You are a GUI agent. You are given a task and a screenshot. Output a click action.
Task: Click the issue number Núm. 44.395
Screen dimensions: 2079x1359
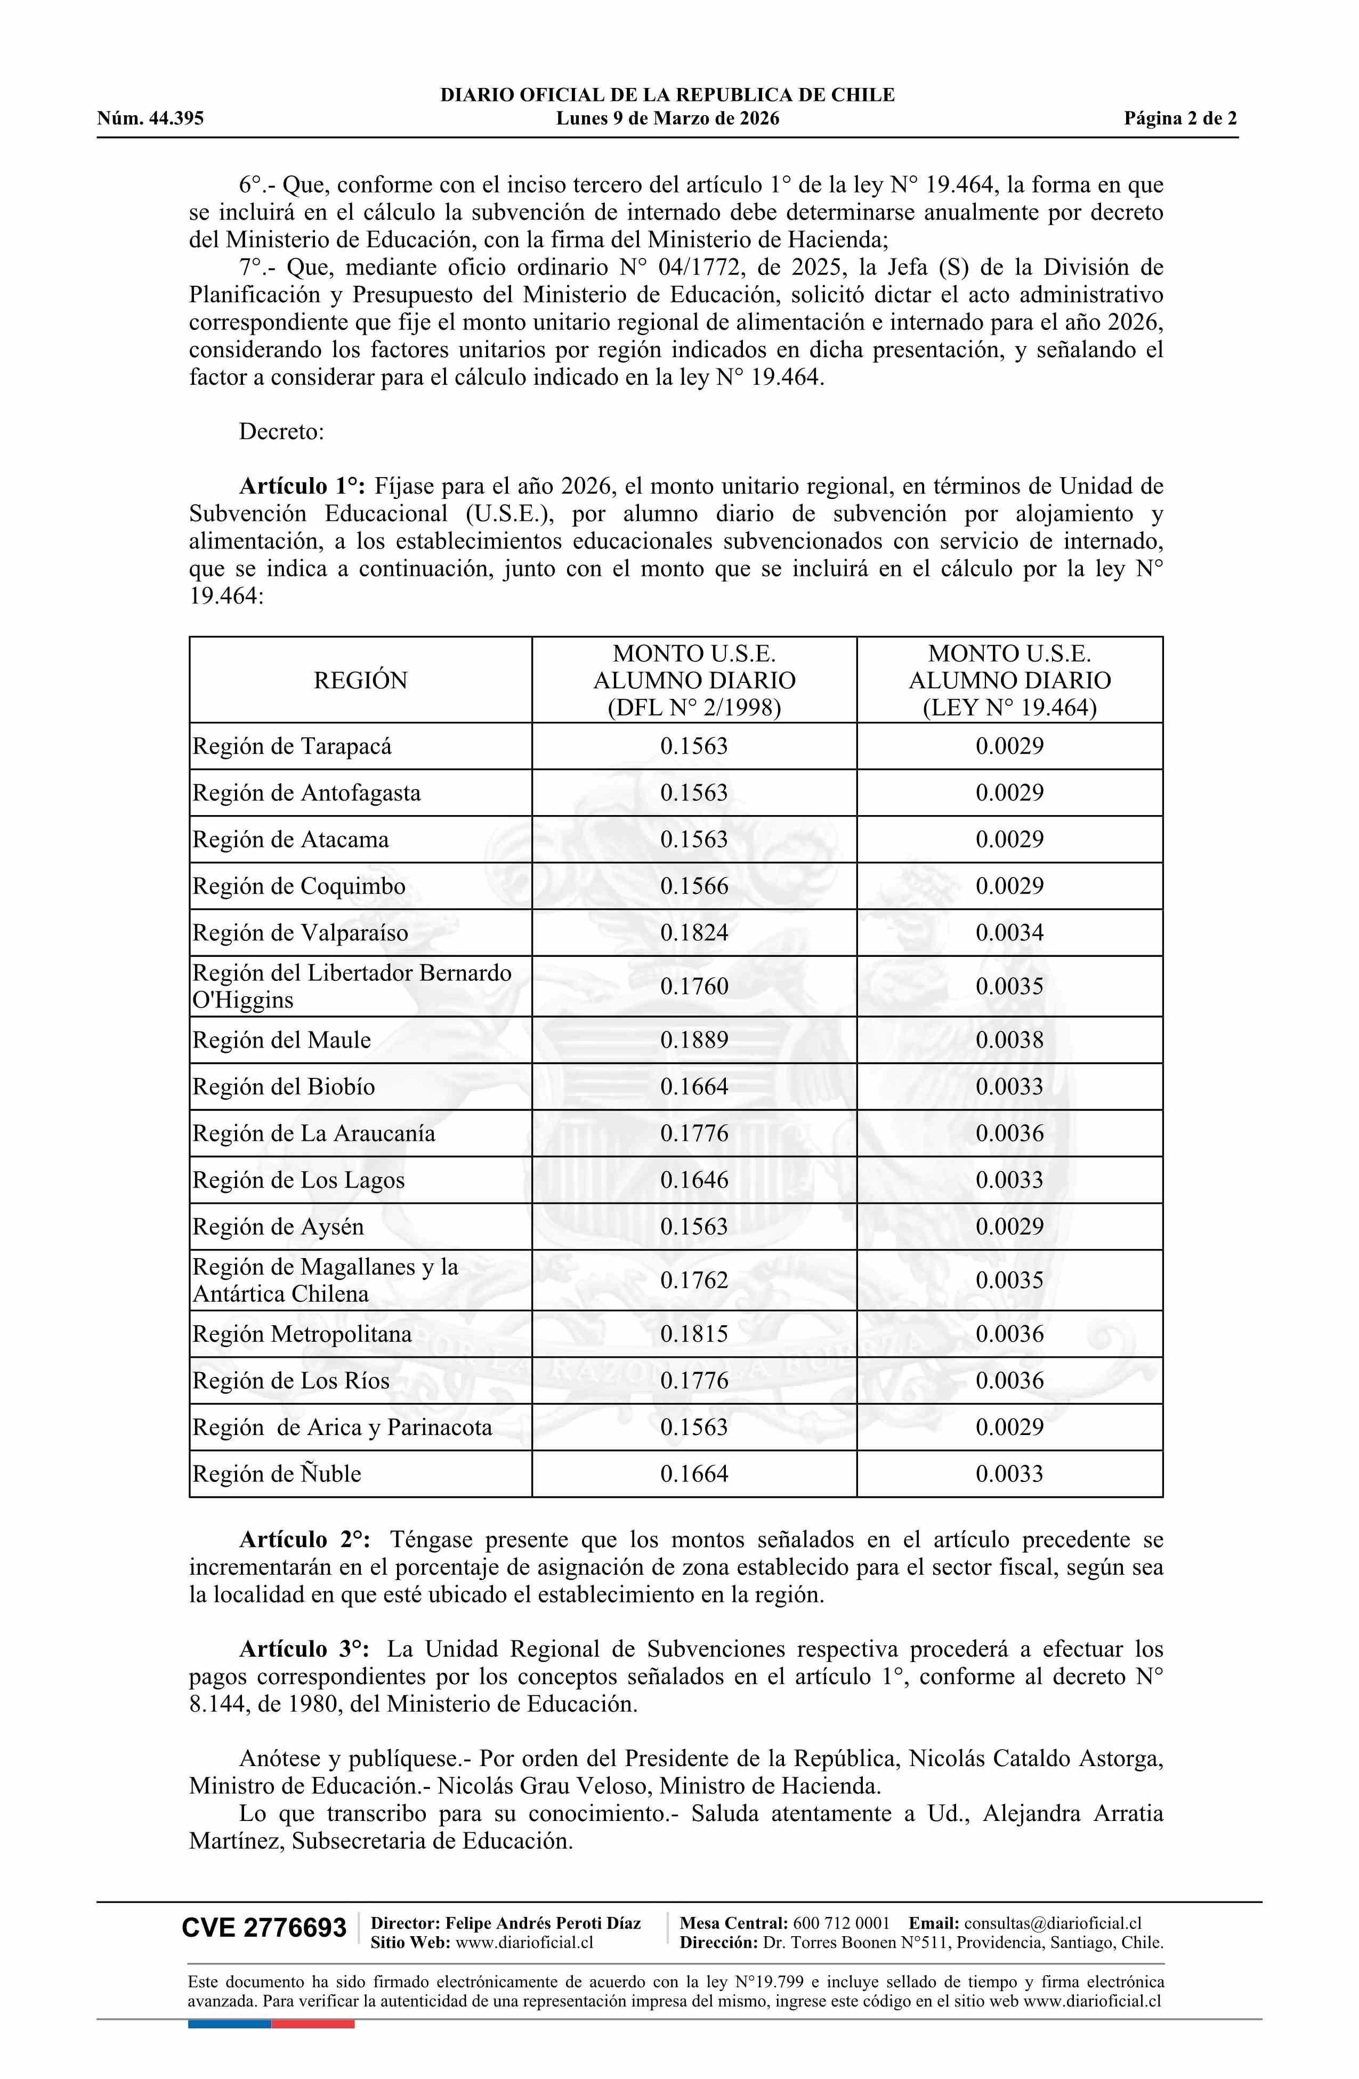coord(150,119)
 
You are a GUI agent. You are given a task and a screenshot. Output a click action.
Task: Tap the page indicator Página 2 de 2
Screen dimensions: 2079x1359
coord(1180,119)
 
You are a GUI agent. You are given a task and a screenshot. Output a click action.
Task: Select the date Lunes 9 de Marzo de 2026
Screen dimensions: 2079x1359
coord(667,119)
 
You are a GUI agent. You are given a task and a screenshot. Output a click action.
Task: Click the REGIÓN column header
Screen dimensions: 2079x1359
coord(361,681)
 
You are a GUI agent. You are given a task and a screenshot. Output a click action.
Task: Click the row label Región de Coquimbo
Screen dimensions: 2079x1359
coord(298,887)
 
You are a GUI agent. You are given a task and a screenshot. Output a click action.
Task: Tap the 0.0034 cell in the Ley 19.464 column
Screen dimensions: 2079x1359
coord(1009,933)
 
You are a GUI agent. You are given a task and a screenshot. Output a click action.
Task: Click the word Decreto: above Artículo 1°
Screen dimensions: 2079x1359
coord(281,432)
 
